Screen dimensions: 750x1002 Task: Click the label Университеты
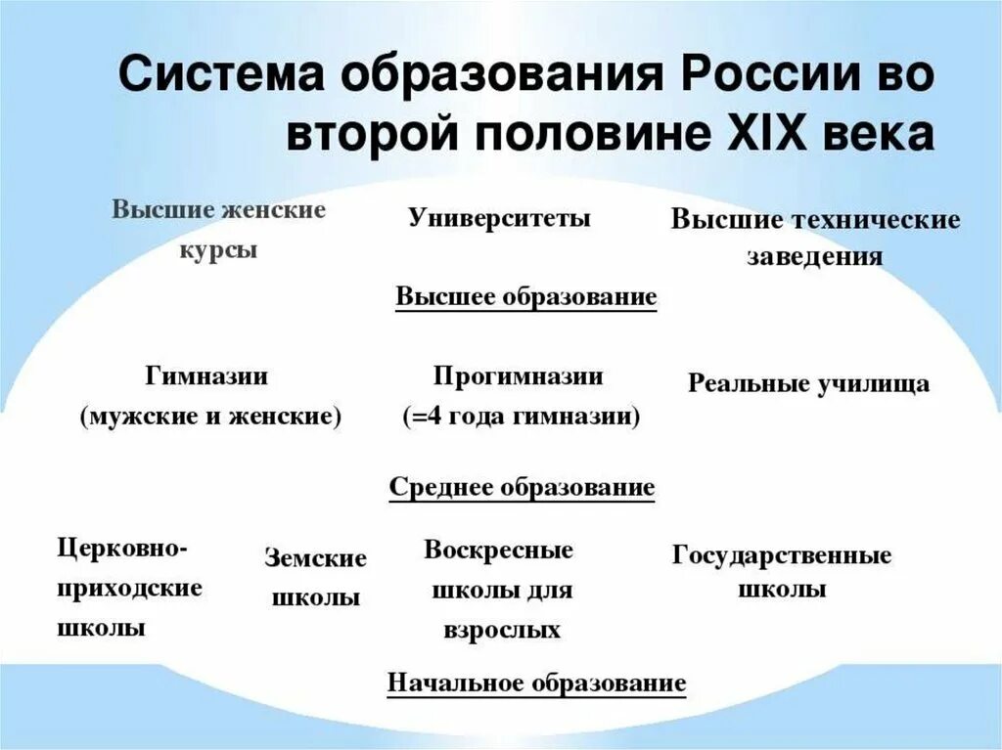coord(499,218)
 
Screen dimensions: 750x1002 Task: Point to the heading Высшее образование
coord(525,297)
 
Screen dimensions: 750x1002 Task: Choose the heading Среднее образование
coord(522,487)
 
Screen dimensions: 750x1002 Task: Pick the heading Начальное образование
coord(536,683)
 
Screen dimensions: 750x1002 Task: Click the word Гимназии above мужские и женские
coord(206,376)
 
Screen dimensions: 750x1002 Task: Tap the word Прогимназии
coord(519,376)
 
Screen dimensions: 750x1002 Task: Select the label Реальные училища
coord(808,383)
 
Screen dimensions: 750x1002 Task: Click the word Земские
coord(315,558)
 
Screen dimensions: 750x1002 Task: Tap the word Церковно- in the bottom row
coord(121,548)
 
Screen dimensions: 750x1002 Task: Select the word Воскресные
coord(498,550)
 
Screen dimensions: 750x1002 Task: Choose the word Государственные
coord(782,555)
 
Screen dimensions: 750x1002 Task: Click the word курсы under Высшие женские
coord(218,249)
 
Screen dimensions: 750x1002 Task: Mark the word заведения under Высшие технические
coord(815,257)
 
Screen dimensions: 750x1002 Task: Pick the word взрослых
coord(502,631)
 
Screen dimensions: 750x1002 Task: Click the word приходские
coord(130,588)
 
